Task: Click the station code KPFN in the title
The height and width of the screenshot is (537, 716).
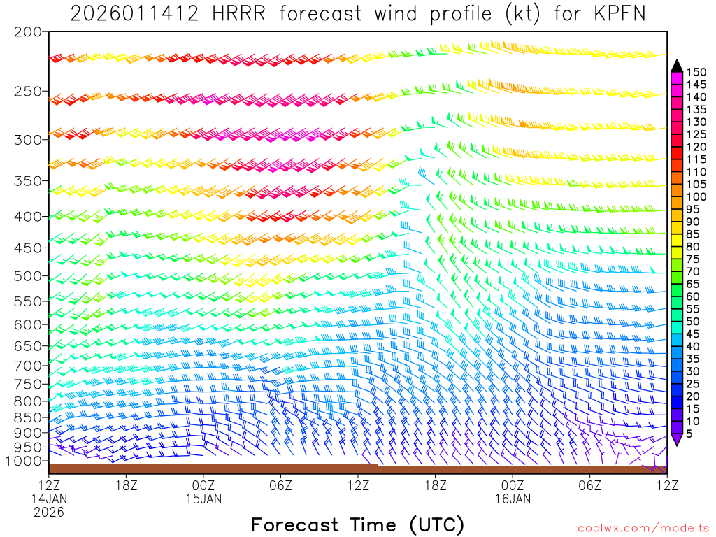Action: pyautogui.click(x=619, y=13)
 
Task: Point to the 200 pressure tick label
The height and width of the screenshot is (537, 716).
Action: pyautogui.click(x=27, y=32)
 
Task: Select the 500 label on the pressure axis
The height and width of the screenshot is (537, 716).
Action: pyautogui.click(x=27, y=276)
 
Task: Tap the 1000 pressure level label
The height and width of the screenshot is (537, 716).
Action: pyautogui.click(x=23, y=461)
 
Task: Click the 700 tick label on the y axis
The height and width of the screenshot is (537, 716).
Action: pyautogui.click(x=27, y=365)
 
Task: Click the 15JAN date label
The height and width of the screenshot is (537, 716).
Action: pyautogui.click(x=203, y=499)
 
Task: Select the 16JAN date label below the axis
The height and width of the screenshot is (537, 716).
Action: pyautogui.click(x=513, y=499)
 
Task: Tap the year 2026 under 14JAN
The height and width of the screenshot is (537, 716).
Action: pyautogui.click(x=48, y=513)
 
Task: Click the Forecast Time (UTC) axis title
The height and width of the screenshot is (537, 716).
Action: pyautogui.click(x=357, y=524)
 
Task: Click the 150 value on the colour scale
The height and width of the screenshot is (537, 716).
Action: pyautogui.click(x=696, y=72)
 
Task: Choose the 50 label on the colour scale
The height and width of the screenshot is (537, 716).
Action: pyautogui.click(x=693, y=321)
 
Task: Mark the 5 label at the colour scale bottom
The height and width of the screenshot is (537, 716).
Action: pyautogui.click(x=689, y=434)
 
